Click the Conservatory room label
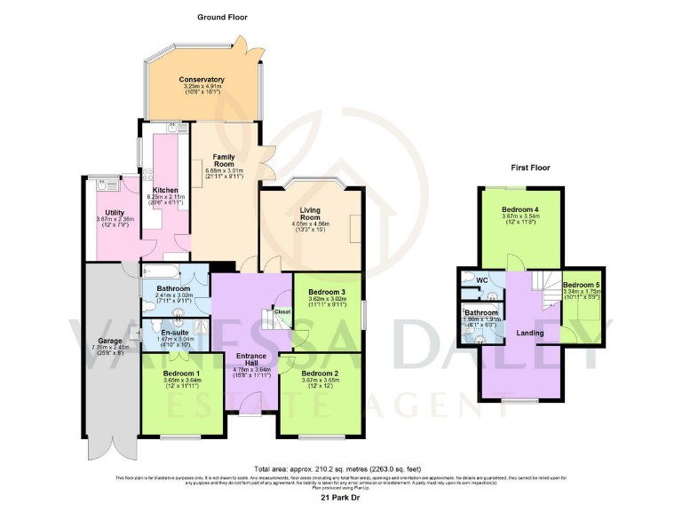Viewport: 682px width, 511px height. pyautogui.click(x=202, y=80)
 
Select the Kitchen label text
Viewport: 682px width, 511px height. pyautogui.click(x=166, y=190)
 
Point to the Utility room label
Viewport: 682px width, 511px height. pyautogui.click(x=115, y=212)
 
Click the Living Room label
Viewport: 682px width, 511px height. pyautogui.click(x=310, y=212)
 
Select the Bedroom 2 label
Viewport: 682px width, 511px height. pyautogui.click(x=321, y=373)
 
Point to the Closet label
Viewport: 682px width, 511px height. pyautogui.click(x=282, y=312)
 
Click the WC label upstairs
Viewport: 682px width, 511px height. pyautogui.click(x=482, y=280)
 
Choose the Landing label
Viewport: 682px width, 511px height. pyautogui.click(x=530, y=333)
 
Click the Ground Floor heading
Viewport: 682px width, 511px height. pyautogui.click(x=222, y=17)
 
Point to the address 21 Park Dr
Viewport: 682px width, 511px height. pyautogui.click(x=340, y=499)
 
